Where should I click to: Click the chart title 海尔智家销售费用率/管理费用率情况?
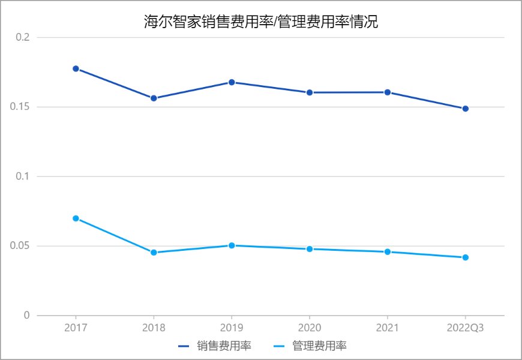[x=261, y=22]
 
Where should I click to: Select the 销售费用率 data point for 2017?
[x=76, y=68]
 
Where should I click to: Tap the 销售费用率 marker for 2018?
[x=154, y=98]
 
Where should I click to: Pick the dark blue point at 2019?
[x=232, y=82]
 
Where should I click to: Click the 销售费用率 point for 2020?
[x=310, y=92]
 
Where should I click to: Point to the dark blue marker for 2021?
[x=388, y=92]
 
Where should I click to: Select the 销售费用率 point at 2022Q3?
[x=465, y=109]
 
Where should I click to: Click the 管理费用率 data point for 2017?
[x=76, y=218]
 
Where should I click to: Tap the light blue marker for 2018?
[x=154, y=253]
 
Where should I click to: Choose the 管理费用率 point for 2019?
[x=232, y=245]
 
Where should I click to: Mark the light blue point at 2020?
[x=310, y=248]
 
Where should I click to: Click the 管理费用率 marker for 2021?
[x=388, y=252]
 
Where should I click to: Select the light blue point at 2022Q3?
[x=465, y=257]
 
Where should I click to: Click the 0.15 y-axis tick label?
[x=20, y=107]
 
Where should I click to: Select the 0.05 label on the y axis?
[x=20, y=246]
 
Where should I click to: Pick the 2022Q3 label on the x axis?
[x=465, y=328]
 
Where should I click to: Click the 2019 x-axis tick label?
[x=232, y=328]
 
